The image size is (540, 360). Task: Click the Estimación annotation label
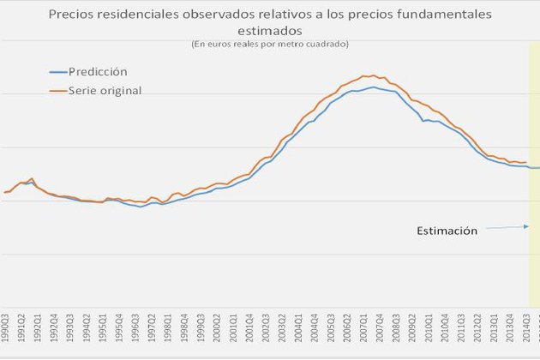pos(446,231)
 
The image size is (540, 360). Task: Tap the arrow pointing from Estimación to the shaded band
pos(507,227)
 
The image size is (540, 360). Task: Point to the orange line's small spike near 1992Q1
pos(32,178)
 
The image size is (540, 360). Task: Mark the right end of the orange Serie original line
pos(525,162)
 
